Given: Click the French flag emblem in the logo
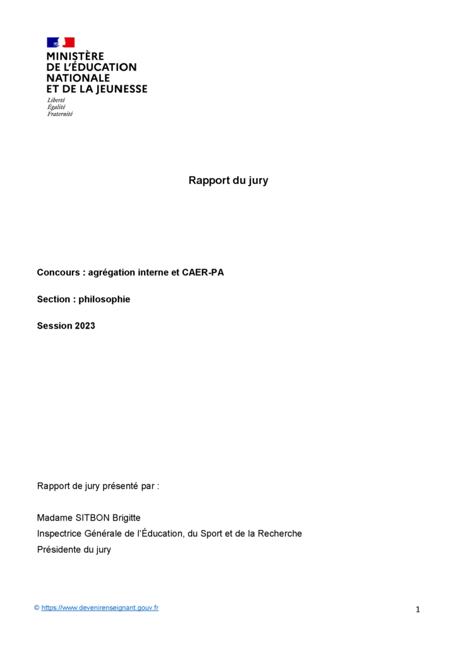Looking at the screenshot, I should tap(61, 42).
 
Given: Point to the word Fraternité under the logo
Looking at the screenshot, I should tap(60, 114).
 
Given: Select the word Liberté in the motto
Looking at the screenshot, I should tap(56, 100).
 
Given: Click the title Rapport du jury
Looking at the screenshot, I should tap(228, 181).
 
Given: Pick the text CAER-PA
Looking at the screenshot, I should tap(204, 273).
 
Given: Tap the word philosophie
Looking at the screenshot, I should tap(104, 299).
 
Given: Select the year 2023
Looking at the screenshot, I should tap(85, 326).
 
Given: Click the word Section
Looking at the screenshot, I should tap(53, 299).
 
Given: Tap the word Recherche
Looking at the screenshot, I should tap(280, 533).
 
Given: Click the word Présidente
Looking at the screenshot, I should tap(59, 550).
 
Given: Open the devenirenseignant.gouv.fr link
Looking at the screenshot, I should tap(100, 608).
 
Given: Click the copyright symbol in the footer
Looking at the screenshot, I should tap(37, 608).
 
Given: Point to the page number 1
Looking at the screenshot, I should tap(418, 610).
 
